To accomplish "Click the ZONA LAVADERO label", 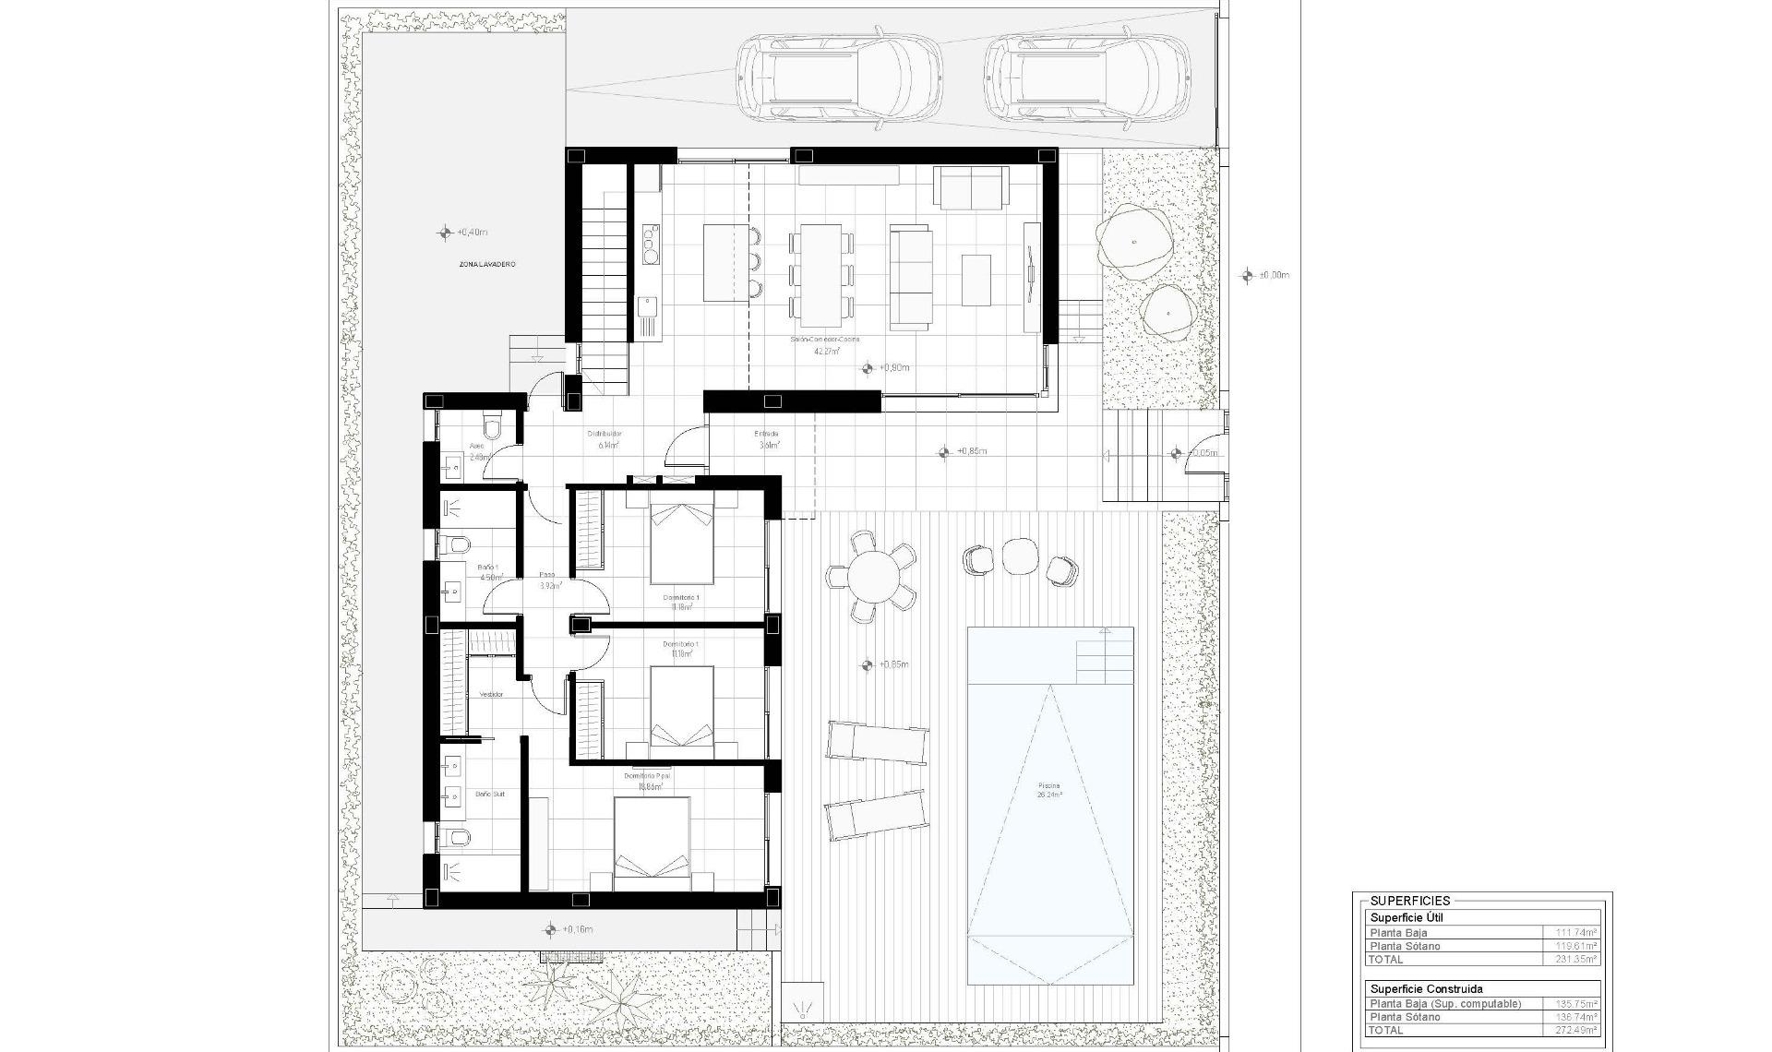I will (x=487, y=265).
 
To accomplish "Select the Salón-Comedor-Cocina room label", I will (x=824, y=340).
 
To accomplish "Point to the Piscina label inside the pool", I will (x=1049, y=786).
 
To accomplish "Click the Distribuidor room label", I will (x=605, y=434).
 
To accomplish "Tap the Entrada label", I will (x=766, y=434).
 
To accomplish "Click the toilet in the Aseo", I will (x=491, y=427).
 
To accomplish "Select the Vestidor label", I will (x=491, y=694).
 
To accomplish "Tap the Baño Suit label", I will (x=489, y=794).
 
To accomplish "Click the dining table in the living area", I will (x=820, y=274).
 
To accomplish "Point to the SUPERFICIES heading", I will (x=1410, y=901).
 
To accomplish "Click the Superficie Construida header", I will (x=1426, y=988).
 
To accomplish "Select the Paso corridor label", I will (x=547, y=575).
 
